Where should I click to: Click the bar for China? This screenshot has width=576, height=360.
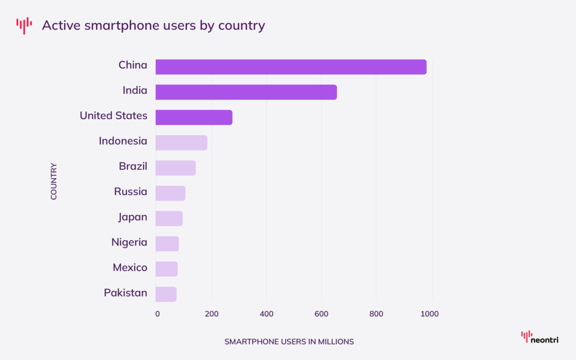point(291,67)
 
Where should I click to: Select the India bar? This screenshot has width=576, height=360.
point(246,92)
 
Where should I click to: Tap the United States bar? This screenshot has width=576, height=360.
point(193,118)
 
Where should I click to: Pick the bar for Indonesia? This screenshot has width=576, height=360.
point(181,143)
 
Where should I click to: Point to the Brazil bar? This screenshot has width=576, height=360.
point(175,168)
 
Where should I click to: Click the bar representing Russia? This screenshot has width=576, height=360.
point(170,193)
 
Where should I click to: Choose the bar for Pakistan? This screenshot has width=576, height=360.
point(166,294)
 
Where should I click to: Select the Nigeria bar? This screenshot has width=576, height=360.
point(167,244)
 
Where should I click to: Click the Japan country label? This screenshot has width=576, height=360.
point(133,217)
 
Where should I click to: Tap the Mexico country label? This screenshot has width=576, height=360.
point(130,268)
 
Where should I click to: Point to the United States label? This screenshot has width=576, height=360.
point(113,116)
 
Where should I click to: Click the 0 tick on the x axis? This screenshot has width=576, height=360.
point(157,314)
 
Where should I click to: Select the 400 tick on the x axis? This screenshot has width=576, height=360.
point(267,314)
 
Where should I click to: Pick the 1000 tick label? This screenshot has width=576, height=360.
point(430,314)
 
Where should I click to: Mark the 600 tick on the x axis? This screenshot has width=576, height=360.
point(321,314)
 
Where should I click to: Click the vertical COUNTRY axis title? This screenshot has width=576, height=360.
point(54,181)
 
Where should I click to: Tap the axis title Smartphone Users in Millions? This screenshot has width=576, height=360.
point(289,341)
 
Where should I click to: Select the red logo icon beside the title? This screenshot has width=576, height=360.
point(24,25)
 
